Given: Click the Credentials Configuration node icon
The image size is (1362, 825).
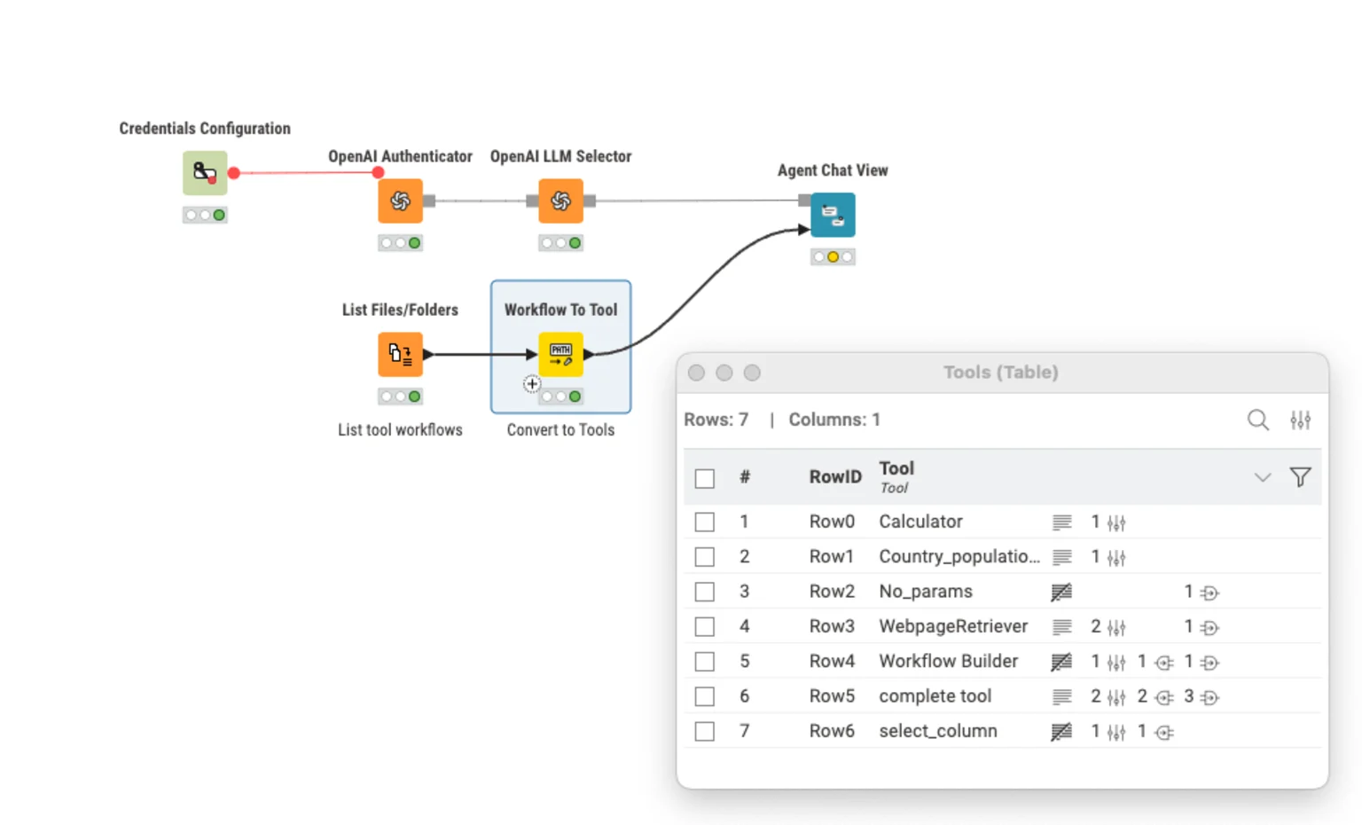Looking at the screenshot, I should (x=205, y=173).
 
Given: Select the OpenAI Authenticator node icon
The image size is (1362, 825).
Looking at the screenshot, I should (x=400, y=201).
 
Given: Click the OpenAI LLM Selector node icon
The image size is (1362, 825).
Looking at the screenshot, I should (x=560, y=201).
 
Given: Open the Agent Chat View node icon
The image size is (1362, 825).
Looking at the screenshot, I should (x=833, y=215).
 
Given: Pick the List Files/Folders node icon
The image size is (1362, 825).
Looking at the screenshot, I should (x=400, y=355).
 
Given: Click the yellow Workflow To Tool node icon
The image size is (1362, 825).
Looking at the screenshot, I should (x=560, y=355).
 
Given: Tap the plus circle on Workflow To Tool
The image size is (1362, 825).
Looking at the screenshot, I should (x=531, y=384).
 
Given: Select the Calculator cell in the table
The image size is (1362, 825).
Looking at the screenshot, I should (x=920, y=522).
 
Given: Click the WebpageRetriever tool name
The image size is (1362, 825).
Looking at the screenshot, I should (x=952, y=626).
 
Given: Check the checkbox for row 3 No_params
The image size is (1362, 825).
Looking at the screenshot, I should (x=705, y=592).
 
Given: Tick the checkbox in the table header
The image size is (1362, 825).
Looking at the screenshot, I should (x=705, y=478).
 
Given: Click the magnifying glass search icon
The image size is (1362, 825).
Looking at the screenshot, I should (x=1257, y=420).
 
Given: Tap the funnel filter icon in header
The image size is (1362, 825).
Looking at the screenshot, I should (x=1300, y=477).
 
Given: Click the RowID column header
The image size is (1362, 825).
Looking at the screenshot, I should (x=834, y=477).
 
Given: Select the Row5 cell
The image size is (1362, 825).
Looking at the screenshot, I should (x=832, y=696).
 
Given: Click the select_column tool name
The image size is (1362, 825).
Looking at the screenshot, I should (x=937, y=731).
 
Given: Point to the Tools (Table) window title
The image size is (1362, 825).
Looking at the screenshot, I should (x=1000, y=373).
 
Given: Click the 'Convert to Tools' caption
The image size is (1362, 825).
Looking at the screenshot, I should (x=560, y=430).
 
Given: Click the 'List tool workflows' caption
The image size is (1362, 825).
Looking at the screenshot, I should (x=400, y=430).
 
